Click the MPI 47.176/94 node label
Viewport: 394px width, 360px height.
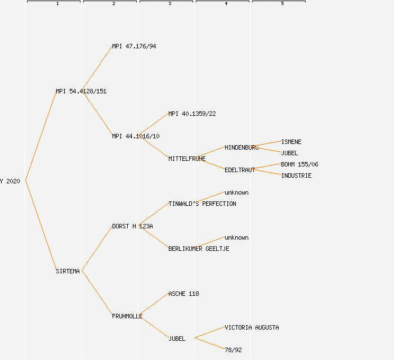[134, 46]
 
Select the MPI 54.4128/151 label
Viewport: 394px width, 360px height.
[81, 91]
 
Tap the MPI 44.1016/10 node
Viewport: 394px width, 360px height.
[136, 136]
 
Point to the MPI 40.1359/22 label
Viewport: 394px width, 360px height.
[192, 114]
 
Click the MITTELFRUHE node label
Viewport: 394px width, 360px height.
[187, 159]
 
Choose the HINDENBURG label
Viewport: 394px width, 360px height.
[241, 147]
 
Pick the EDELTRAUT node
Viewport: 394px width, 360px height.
[240, 170]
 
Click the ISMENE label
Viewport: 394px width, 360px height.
[291, 142]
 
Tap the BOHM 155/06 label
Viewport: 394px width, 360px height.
[299, 164]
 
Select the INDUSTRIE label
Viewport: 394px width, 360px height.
[296, 175]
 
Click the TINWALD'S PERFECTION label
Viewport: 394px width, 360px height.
[202, 204]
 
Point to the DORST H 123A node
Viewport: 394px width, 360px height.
[132, 226]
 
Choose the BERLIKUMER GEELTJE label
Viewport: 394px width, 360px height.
[199, 249]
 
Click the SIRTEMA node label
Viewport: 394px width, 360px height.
[68, 271]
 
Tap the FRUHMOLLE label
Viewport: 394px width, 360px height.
[127, 316]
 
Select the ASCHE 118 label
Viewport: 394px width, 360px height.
[183, 294]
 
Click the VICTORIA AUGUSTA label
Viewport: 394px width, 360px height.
[252, 327]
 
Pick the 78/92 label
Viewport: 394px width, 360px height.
[233, 350]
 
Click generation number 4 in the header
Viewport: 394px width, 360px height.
[226, 4]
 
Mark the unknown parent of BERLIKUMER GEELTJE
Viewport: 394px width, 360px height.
[236, 237]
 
